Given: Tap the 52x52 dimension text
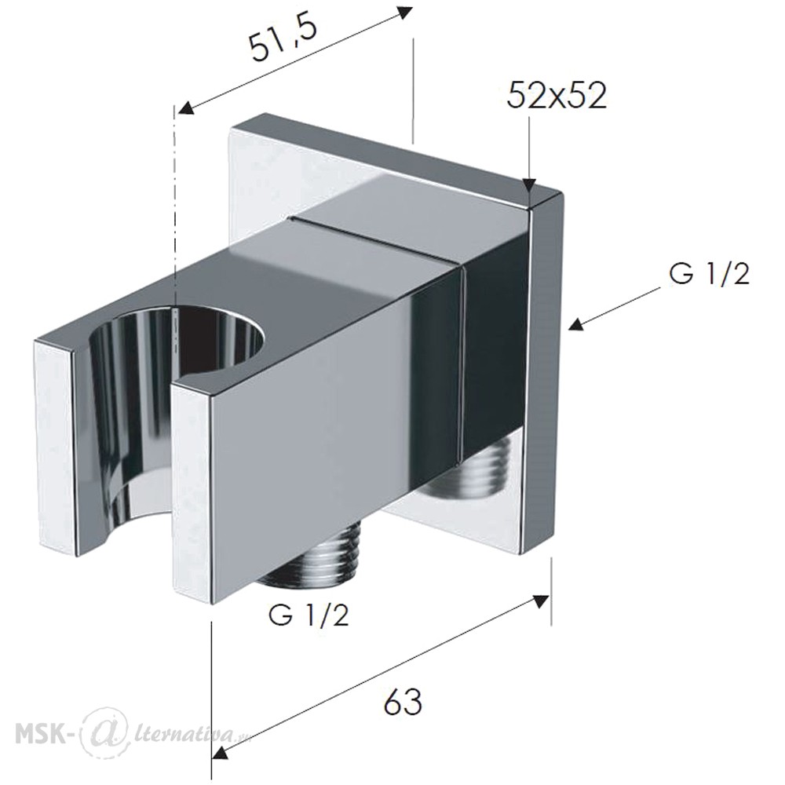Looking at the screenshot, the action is click(x=557, y=95).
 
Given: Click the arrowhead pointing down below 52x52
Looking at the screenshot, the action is click(x=530, y=186).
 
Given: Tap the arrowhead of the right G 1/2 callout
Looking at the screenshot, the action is click(x=577, y=324).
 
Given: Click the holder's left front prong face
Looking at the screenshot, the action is click(x=56, y=447).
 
